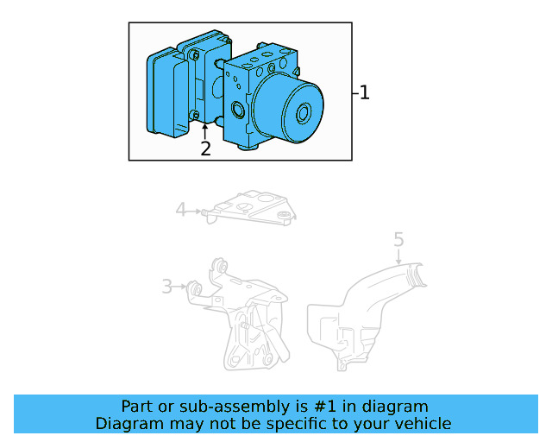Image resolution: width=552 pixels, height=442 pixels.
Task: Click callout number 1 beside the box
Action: coord(364,92)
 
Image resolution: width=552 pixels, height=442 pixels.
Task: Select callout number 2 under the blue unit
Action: coord(205,148)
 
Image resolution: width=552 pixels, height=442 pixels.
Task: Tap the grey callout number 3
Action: coord(166,287)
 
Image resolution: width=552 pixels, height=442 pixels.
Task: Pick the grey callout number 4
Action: coord(180,209)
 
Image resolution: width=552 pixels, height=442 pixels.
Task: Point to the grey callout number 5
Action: coord(398,237)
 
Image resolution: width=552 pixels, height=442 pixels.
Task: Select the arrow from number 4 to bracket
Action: coord(196,210)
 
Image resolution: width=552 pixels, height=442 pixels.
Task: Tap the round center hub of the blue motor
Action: coord(303,113)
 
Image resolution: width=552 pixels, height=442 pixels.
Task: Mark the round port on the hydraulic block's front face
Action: coord(236,110)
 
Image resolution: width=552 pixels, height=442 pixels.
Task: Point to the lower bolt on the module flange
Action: coord(196,116)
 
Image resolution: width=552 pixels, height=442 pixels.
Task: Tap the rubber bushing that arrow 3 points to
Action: coord(197,287)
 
